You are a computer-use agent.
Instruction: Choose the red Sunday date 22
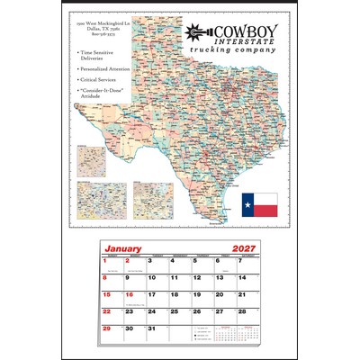[108, 311]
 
